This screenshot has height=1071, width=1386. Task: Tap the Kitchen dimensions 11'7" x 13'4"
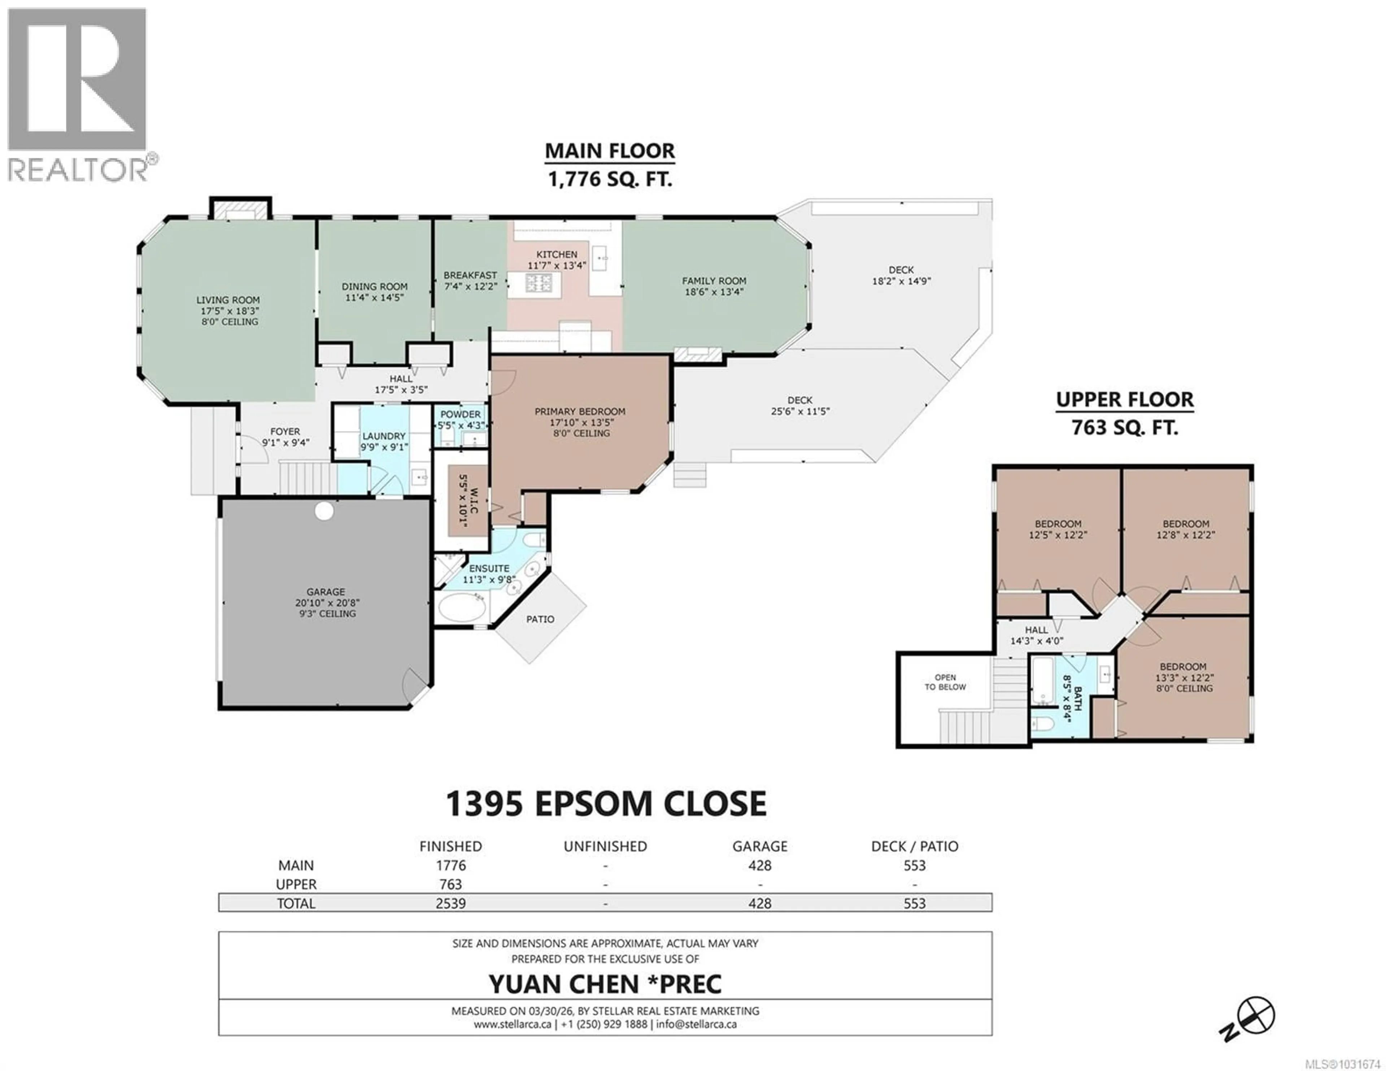coord(557,265)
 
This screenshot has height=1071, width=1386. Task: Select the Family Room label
coord(714,280)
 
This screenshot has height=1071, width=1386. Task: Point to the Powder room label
coord(461,414)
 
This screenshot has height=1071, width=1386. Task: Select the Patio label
coord(540,619)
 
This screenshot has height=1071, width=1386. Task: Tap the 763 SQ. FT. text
coord(1125,428)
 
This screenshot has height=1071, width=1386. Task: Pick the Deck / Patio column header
coord(915,846)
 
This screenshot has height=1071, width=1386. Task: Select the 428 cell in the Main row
coord(760,865)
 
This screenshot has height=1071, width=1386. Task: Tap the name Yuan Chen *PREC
coord(605,984)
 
